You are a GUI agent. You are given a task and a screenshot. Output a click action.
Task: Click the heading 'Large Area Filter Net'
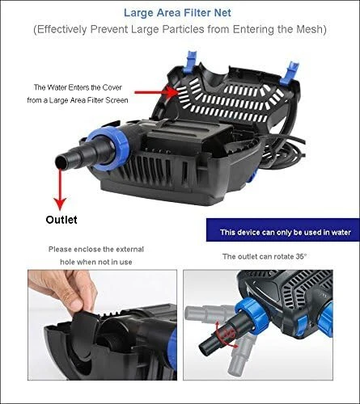click(177, 13)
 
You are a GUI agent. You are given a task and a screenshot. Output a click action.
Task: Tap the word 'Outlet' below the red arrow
click(61, 220)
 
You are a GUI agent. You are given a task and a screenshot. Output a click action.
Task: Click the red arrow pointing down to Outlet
click(60, 189)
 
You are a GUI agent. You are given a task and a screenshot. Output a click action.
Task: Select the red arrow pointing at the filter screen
click(156, 93)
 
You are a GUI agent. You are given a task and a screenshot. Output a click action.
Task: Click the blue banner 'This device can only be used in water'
click(283, 229)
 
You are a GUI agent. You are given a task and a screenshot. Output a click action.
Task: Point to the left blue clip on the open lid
click(191, 61)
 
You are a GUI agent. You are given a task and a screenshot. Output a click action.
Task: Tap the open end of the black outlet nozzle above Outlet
click(60, 162)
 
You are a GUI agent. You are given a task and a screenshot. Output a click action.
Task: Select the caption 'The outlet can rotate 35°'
click(265, 256)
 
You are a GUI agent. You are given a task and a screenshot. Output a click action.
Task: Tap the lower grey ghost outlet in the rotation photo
click(239, 355)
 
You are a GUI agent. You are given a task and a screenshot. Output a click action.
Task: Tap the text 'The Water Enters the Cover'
click(78, 87)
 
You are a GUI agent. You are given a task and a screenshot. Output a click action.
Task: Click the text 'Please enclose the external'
click(96, 249)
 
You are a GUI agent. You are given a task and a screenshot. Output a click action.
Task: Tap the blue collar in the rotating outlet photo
click(252, 314)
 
